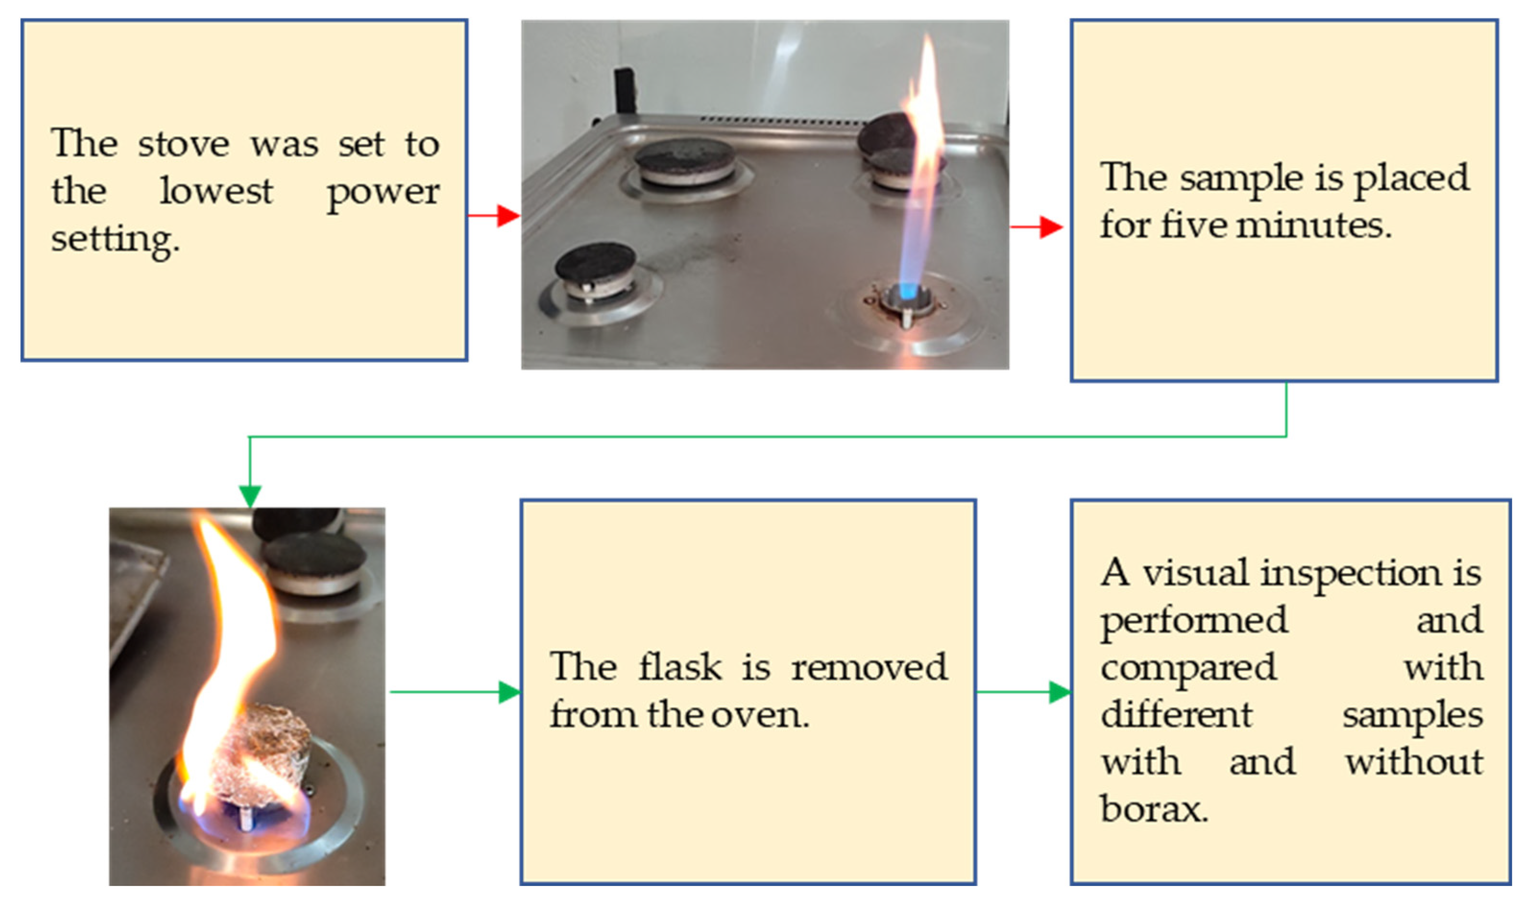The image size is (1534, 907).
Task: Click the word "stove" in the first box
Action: click(x=183, y=145)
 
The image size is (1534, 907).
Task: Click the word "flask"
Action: click(x=680, y=668)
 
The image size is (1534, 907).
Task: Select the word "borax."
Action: click(x=1154, y=810)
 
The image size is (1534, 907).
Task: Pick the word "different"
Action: click(x=1176, y=715)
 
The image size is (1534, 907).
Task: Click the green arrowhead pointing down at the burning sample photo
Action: click(x=250, y=496)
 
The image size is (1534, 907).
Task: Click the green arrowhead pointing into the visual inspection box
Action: click(x=1059, y=692)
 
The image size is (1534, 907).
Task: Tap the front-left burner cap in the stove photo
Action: click(x=594, y=263)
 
